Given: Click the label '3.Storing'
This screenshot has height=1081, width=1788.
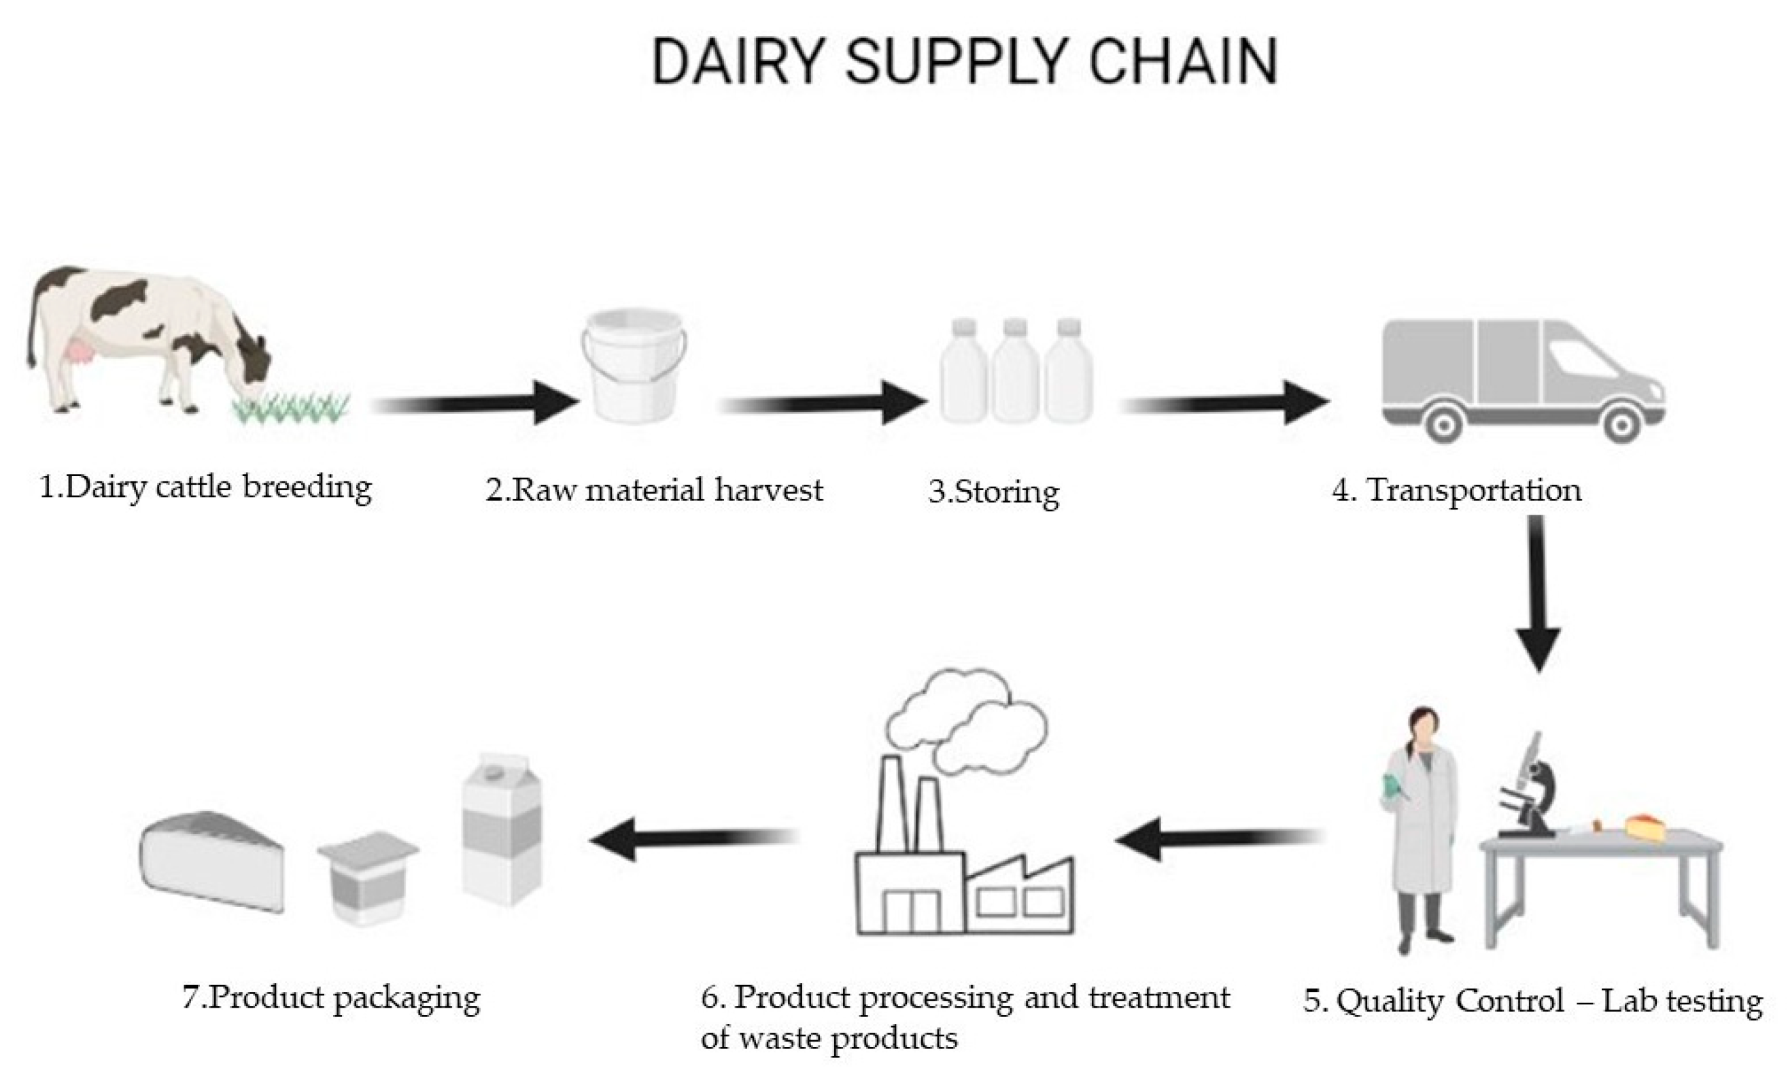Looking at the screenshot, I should click(x=993, y=493).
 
